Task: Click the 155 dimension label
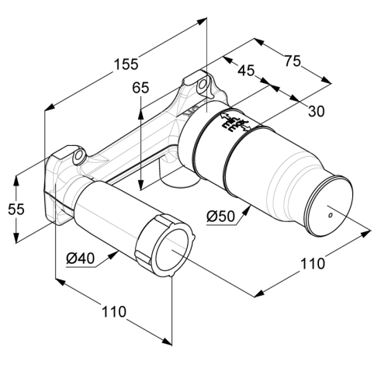pyautogui.click(x=126, y=64)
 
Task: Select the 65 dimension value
pyautogui.click(x=140, y=88)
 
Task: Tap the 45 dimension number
pyautogui.click(x=246, y=71)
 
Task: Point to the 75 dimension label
pyautogui.click(x=293, y=61)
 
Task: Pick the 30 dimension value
pyautogui.click(x=316, y=112)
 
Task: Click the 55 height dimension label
pyautogui.click(x=16, y=209)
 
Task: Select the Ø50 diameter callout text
pyautogui.click(x=220, y=216)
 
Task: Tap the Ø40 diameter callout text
pyautogui.click(x=81, y=258)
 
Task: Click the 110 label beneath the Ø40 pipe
pyautogui.click(x=114, y=312)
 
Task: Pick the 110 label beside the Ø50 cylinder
pyautogui.click(x=312, y=264)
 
